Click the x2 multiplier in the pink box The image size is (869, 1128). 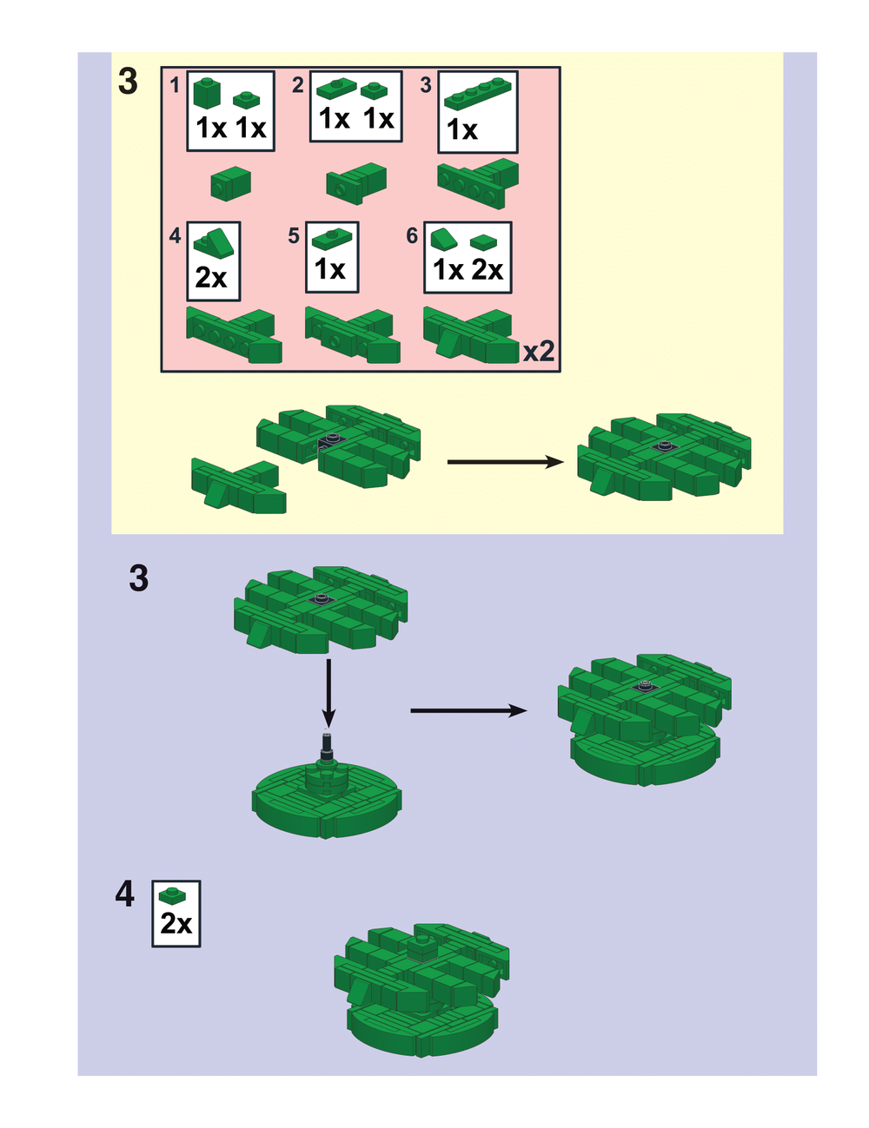pyautogui.click(x=539, y=352)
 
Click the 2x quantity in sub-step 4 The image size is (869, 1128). pyautogui.click(x=211, y=278)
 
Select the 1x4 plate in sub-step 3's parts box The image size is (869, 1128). pyautogui.click(x=477, y=94)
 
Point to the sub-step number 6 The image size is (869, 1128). pyautogui.click(x=412, y=235)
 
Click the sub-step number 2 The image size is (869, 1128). pyautogui.click(x=298, y=84)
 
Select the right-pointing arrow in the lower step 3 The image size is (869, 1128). pyautogui.click(x=468, y=710)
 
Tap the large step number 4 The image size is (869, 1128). pyautogui.click(x=125, y=894)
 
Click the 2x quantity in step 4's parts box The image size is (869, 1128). pyautogui.click(x=176, y=924)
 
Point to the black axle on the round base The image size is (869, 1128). pyautogui.click(x=328, y=749)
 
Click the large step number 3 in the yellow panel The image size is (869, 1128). pyautogui.click(x=128, y=81)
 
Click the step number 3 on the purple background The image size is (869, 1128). pyautogui.click(x=139, y=578)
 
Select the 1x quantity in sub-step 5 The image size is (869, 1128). pyautogui.click(x=330, y=269)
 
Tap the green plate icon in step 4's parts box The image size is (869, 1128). pyautogui.click(x=174, y=896)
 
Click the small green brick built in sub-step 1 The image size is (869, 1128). pyautogui.click(x=231, y=182)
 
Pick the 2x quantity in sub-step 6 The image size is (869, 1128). pyautogui.click(x=488, y=270)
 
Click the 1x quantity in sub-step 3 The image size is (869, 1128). pyautogui.click(x=462, y=130)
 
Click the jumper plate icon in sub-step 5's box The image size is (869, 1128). pyautogui.click(x=331, y=237)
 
